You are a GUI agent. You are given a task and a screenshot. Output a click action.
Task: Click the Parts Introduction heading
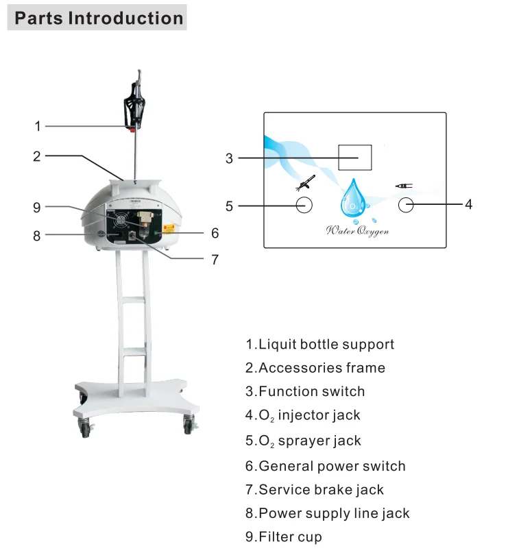pyautogui.click(x=99, y=18)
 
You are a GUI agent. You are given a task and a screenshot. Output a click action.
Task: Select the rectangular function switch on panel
pyautogui.click(x=355, y=158)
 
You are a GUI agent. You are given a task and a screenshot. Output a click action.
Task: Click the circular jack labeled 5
pyautogui.click(x=304, y=204)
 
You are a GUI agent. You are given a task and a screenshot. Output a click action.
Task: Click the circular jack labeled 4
pyautogui.click(x=407, y=204)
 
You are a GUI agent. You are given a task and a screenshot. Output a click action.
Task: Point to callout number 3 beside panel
pyautogui.click(x=229, y=158)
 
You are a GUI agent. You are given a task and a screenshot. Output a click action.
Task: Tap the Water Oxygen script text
pyautogui.click(x=356, y=232)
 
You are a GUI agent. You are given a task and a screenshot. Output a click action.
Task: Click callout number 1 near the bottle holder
pyautogui.click(x=38, y=126)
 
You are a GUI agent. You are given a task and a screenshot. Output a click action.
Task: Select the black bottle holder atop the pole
pyautogui.click(x=134, y=107)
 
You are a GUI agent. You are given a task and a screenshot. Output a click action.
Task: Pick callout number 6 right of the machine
pyautogui.click(x=215, y=234)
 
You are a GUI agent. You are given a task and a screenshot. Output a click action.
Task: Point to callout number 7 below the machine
pyautogui.click(x=215, y=259)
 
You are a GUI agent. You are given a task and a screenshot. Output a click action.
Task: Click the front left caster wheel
pyautogui.click(x=86, y=429)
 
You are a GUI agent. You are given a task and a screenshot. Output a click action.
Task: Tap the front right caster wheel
pyautogui.click(x=188, y=425)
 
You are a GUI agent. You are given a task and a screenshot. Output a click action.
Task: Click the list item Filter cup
pyautogui.click(x=284, y=536)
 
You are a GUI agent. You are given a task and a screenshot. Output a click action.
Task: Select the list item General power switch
pyautogui.click(x=326, y=466)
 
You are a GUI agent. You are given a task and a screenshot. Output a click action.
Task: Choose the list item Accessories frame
pyautogui.click(x=315, y=368)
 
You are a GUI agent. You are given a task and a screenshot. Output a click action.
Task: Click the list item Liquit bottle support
pyautogui.click(x=320, y=344)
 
